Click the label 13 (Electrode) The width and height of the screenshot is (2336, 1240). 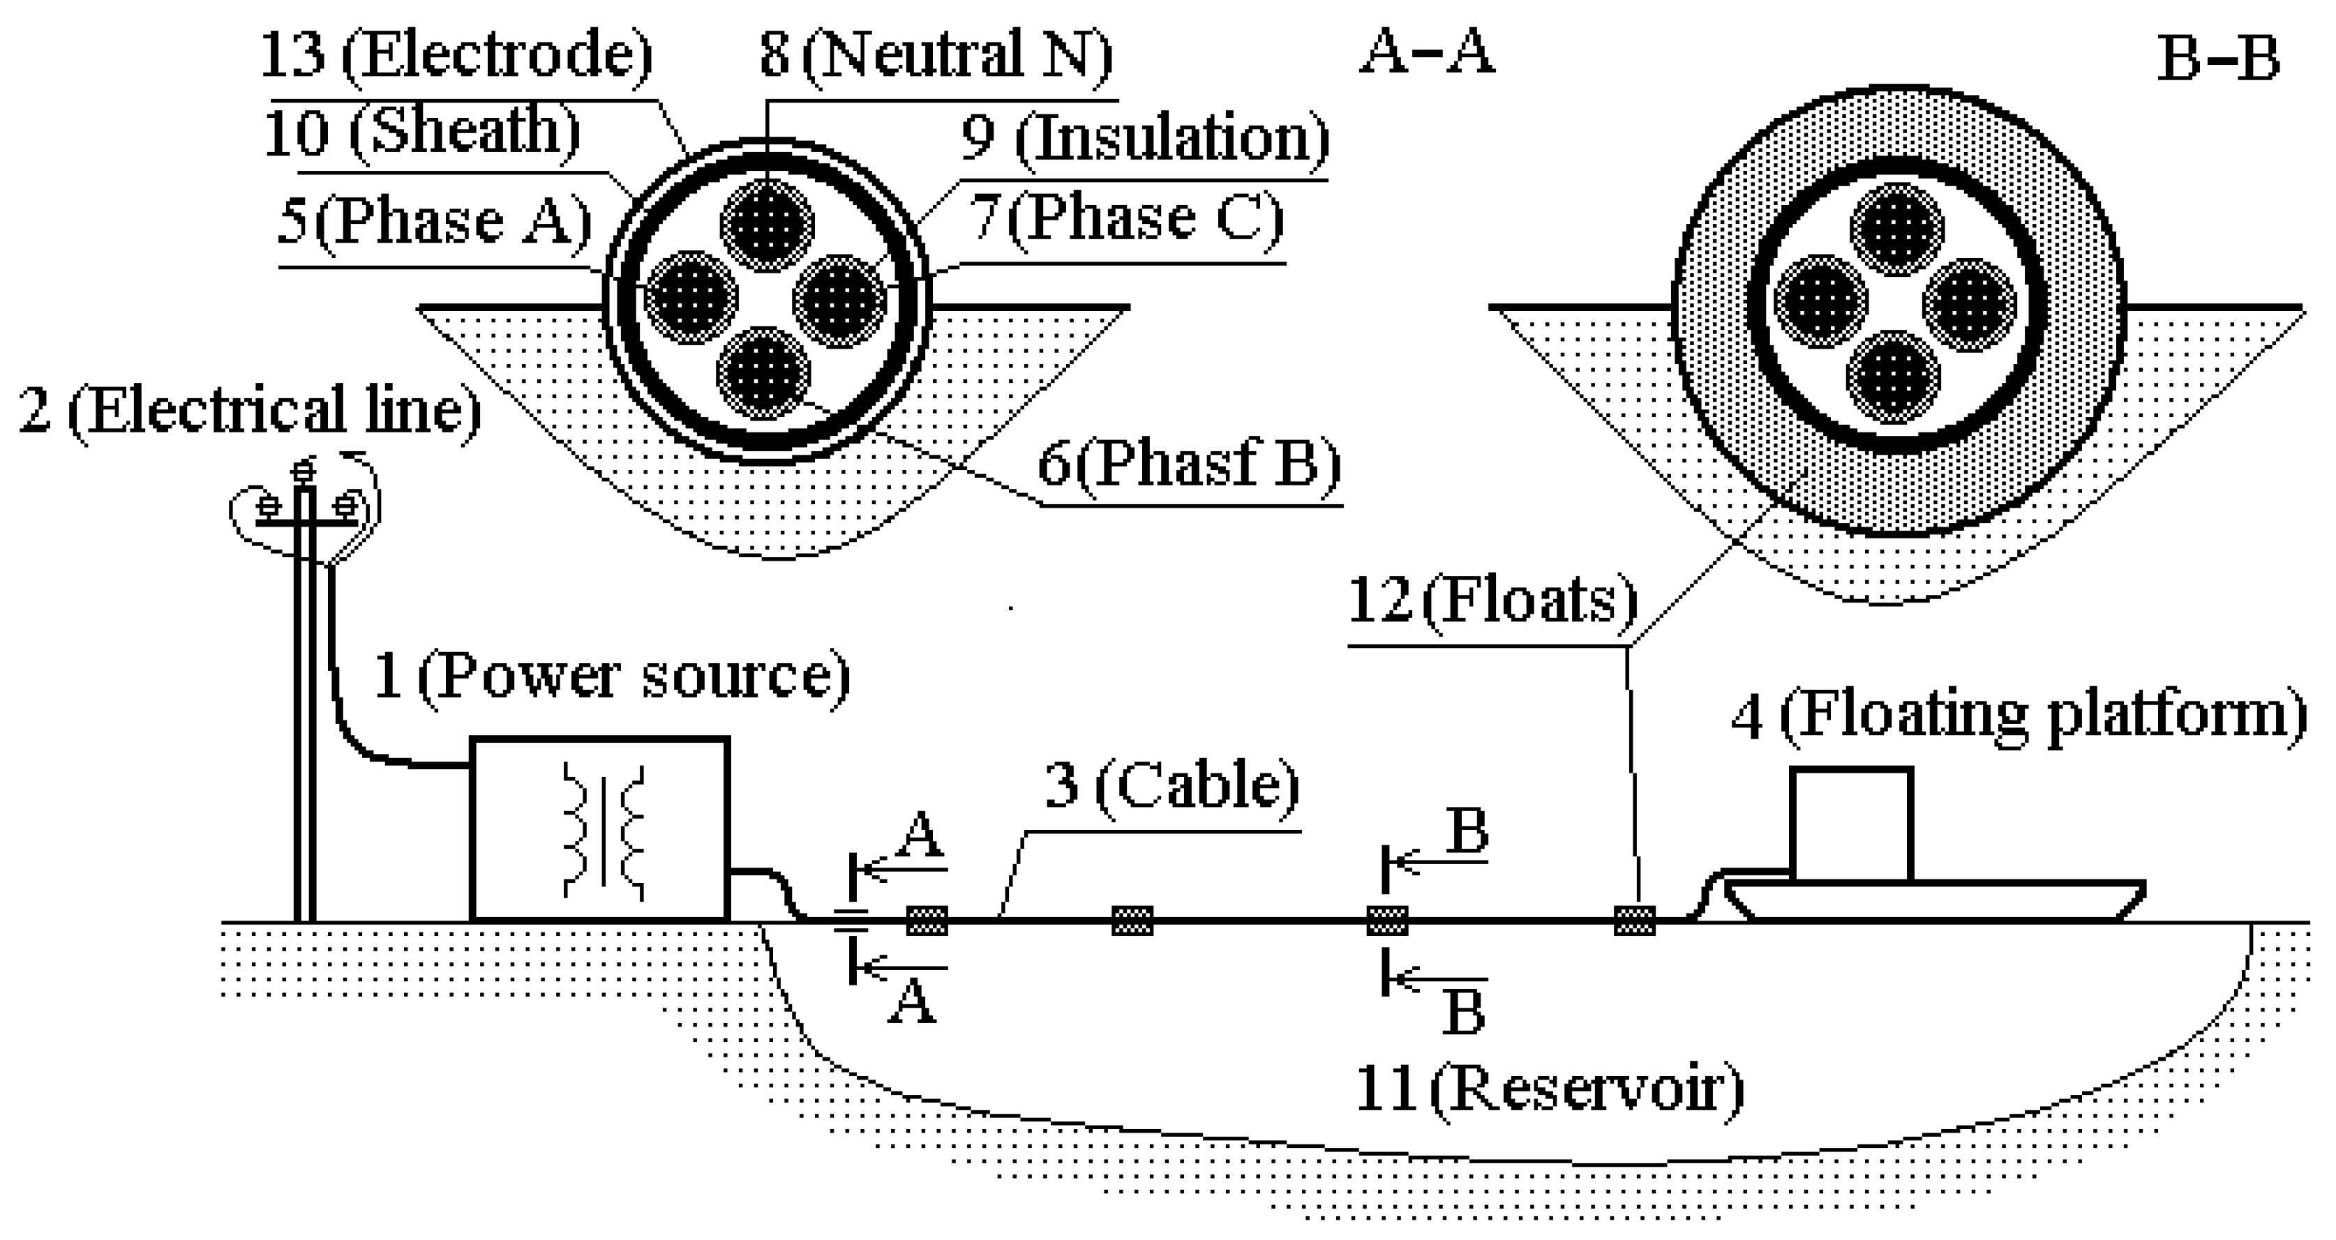click(457, 54)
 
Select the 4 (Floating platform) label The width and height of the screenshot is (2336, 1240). click(2019, 716)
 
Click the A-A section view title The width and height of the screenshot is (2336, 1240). click(1426, 52)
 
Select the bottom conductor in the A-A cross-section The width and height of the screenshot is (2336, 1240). click(763, 372)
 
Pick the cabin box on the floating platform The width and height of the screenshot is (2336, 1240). click(1851, 823)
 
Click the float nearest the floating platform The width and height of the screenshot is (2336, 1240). click(1635, 920)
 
